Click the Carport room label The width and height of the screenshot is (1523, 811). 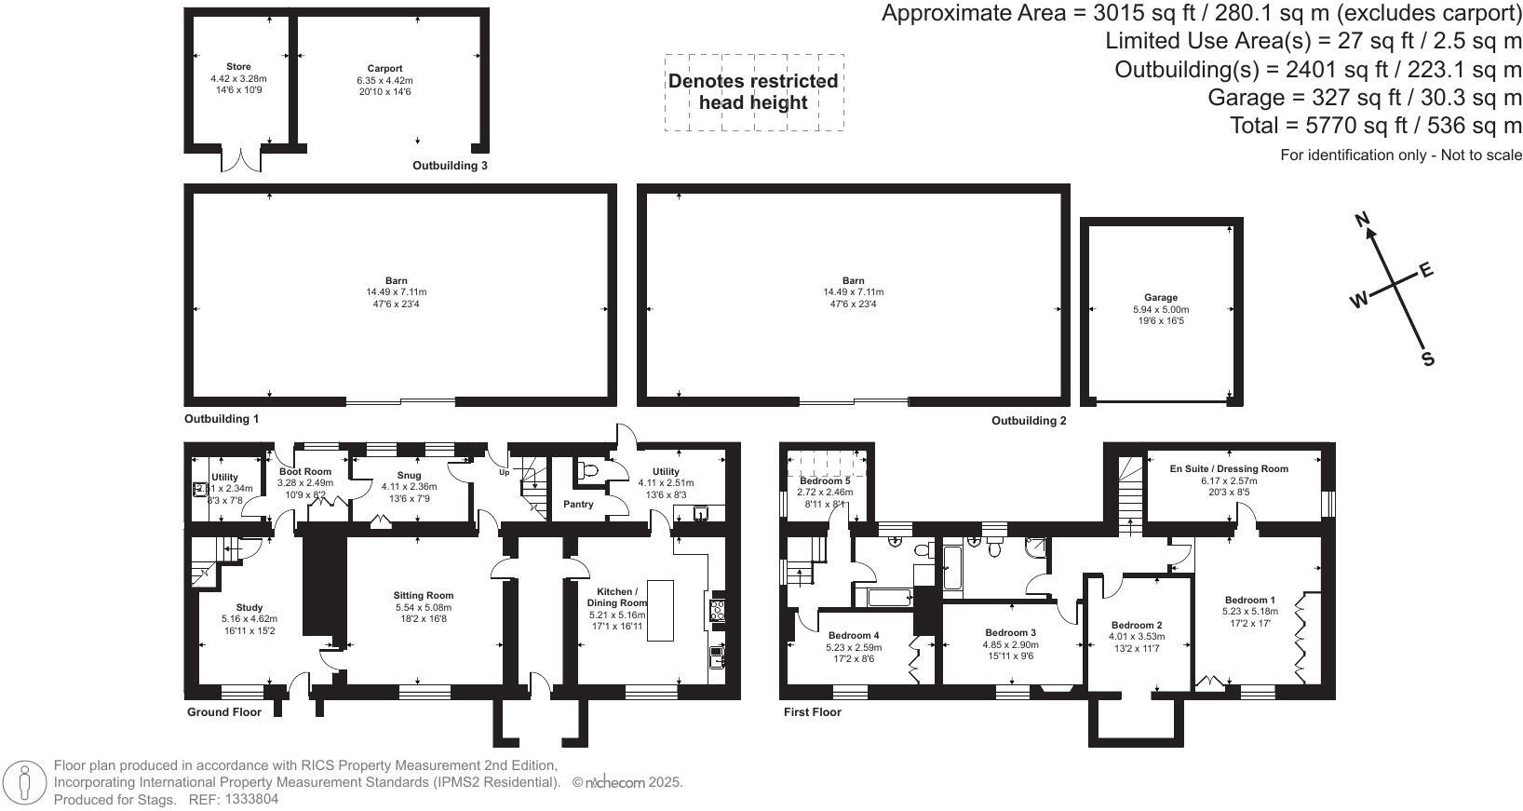384,69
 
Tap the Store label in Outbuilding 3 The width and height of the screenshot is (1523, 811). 238,67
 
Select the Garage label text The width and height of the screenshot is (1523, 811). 1161,298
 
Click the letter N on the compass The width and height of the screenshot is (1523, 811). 1363,221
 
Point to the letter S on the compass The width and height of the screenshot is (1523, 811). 1426,360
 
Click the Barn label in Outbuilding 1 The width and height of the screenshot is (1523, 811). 397,280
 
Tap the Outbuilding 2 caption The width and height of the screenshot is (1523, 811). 1029,421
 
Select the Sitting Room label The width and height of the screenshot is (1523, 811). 423,596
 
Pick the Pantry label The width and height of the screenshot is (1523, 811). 579,505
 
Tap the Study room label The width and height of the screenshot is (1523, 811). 249,607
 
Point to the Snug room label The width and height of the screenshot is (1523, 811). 409,475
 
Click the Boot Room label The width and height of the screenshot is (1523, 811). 304,472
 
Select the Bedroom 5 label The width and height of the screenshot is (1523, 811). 824,480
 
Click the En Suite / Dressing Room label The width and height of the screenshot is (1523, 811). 1229,468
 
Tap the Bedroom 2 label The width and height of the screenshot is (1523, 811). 1136,625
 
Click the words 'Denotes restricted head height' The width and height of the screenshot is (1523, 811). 753,91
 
